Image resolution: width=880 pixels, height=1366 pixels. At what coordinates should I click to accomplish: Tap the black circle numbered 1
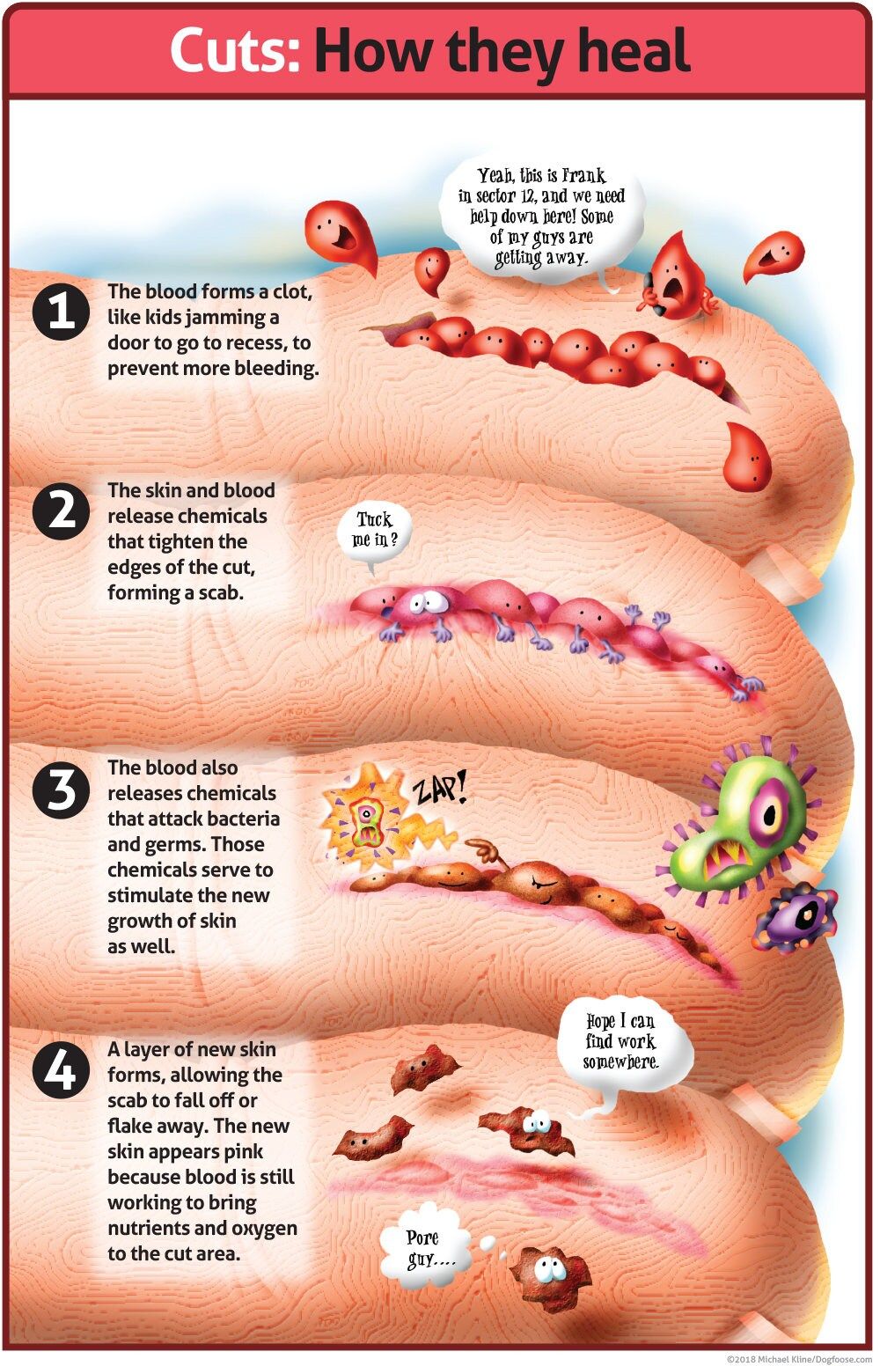61,312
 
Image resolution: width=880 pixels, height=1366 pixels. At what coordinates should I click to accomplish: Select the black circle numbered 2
61,510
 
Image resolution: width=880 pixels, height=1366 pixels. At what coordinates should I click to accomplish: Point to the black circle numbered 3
61,789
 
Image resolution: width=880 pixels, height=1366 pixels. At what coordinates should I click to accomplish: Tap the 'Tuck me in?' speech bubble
375,530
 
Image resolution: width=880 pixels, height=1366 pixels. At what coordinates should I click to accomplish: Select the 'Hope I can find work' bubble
623,1042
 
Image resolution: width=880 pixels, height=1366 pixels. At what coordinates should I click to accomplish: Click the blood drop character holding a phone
678,277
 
